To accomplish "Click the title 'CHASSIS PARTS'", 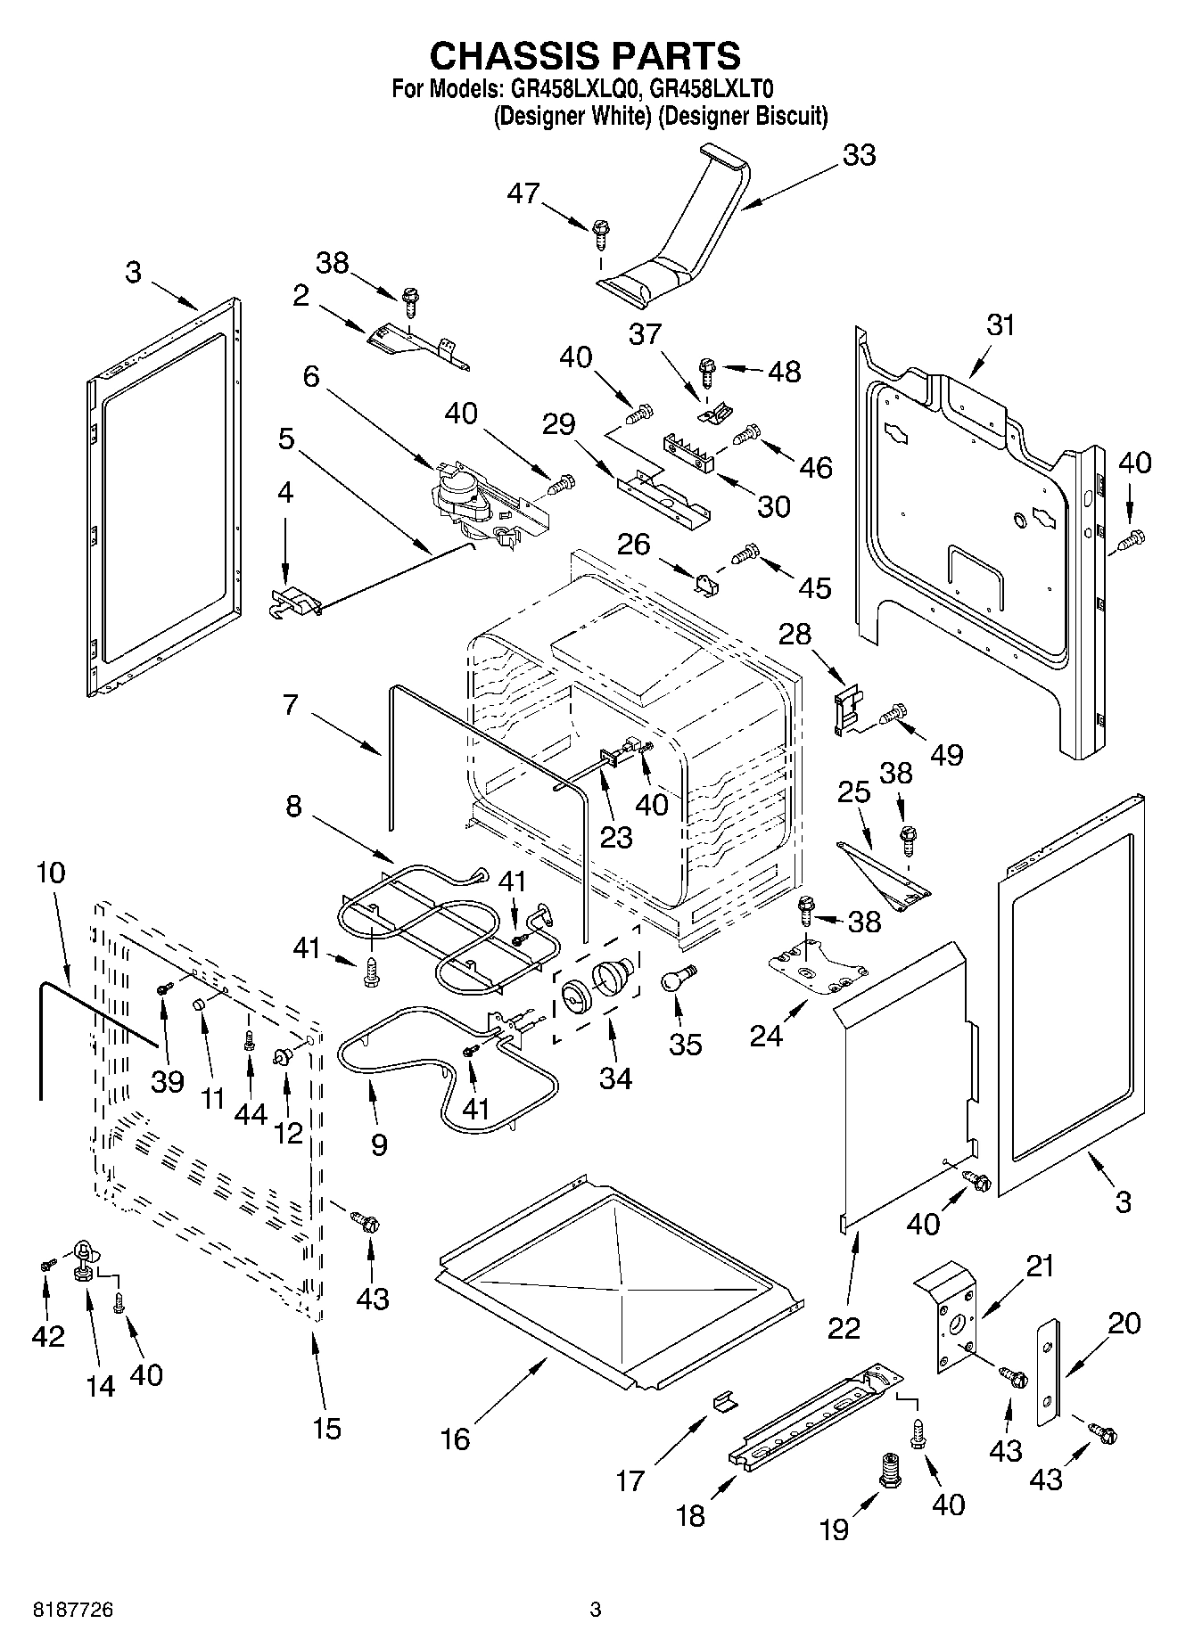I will (x=585, y=55).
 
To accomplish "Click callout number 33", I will (x=859, y=155).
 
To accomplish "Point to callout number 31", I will (x=1000, y=325).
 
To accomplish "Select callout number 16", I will (x=455, y=1439).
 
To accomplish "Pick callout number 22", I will (x=844, y=1327).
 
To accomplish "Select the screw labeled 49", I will (x=893, y=714).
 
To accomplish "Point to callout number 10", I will (x=51, y=873).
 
